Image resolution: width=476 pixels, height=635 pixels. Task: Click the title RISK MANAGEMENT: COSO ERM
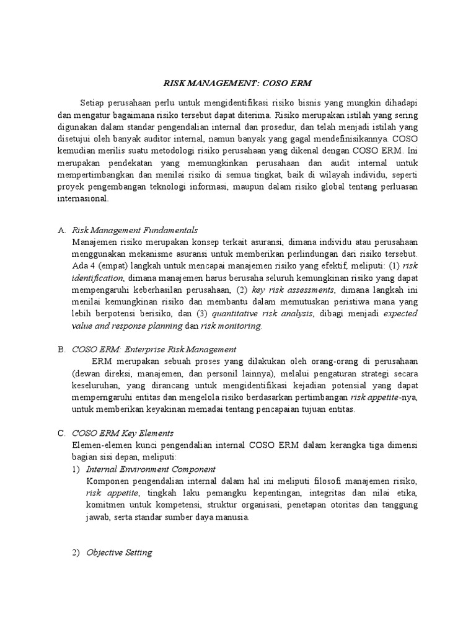pos(238,81)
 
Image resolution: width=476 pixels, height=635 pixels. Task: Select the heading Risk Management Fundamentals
pos(134,230)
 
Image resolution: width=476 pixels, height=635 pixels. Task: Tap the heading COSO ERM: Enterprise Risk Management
pos(154,349)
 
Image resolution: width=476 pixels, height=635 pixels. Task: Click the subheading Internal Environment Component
pos(151,469)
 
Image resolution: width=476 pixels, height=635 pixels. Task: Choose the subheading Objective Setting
pos(119,553)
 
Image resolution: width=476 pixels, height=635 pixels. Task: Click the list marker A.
pos(61,230)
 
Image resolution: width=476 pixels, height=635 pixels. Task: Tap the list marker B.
pos(61,349)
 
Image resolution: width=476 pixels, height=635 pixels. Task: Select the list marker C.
pos(61,433)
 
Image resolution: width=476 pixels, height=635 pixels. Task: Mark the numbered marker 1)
pos(76,469)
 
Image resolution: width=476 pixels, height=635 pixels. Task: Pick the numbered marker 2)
pos(76,553)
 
